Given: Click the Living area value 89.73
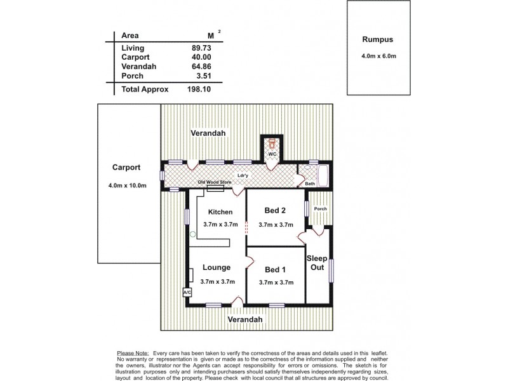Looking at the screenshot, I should [205, 48].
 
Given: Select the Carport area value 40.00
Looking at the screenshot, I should [205, 57].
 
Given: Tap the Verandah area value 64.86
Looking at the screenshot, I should [205, 66].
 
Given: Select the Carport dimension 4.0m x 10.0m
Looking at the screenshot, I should [128, 185].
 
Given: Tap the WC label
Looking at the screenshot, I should [272, 154].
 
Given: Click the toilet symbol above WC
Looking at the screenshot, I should [272, 144].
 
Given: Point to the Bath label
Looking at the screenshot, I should [310, 184].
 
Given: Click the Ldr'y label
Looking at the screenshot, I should [242, 175].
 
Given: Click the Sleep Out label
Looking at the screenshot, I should [316, 263].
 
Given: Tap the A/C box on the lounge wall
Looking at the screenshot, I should [187, 292].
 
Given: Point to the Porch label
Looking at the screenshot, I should [319, 208].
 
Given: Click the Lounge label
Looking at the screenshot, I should [216, 267].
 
